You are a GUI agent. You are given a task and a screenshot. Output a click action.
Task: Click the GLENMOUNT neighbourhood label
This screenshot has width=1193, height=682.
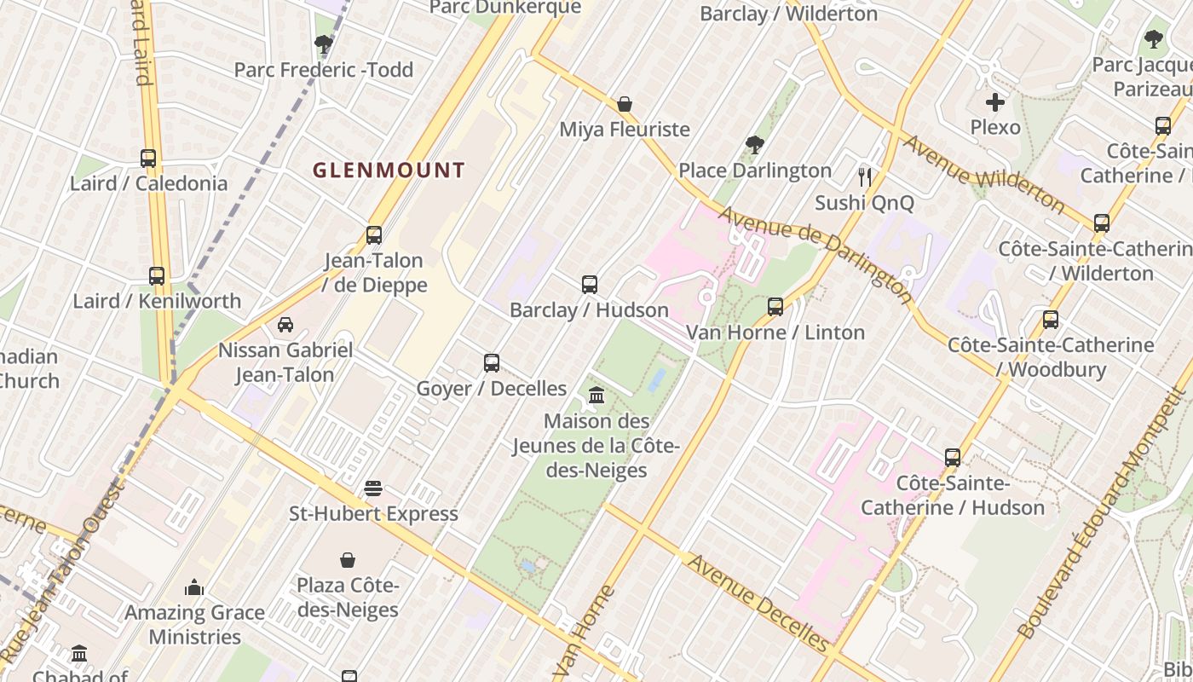click(x=389, y=170)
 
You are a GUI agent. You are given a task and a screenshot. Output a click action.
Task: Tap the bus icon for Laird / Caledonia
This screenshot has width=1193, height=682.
click(x=148, y=158)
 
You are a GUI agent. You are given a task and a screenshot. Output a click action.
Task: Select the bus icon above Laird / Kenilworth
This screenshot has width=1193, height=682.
click(x=157, y=275)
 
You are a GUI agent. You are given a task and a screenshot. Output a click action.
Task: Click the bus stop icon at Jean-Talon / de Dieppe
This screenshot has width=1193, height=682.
click(x=374, y=234)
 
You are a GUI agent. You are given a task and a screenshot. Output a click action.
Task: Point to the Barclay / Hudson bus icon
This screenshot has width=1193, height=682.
click(x=590, y=284)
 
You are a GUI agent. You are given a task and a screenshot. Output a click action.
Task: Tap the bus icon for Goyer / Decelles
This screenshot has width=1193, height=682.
click(x=492, y=362)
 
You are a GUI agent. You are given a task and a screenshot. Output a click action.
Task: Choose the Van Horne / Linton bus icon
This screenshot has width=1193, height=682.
click(x=775, y=306)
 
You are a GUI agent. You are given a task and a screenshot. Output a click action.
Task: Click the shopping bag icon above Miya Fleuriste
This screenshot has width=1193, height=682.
click(x=625, y=104)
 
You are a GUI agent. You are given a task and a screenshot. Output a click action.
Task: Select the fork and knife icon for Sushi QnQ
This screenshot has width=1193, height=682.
click(x=865, y=176)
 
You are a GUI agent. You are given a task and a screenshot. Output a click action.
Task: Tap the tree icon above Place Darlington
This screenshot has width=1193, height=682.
click(x=754, y=144)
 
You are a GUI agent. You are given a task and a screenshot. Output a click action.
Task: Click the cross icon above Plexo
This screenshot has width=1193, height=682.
click(x=995, y=102)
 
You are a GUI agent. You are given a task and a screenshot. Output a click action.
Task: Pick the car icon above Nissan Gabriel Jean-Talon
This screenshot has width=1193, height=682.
click(x=285, y=325)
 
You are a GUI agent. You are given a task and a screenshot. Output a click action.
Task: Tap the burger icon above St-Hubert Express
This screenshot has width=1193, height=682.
click(x=373, y=488)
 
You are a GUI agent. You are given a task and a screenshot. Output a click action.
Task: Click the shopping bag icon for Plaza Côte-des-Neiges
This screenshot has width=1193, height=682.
click(x=348, y=560)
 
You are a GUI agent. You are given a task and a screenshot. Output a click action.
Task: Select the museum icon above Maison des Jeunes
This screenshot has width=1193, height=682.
click(x=596, y=396)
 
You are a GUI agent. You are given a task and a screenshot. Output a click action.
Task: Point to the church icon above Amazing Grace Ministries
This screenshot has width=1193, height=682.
click(x=194, y=587)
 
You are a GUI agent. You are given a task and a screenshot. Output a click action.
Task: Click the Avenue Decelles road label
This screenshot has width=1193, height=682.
click(x=758, y=603)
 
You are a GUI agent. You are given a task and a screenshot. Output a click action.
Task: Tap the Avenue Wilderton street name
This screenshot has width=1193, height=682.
click(x=984, y=173)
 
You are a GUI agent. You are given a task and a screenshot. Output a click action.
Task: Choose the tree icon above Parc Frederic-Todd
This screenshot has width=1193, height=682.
click(x=324, y=44)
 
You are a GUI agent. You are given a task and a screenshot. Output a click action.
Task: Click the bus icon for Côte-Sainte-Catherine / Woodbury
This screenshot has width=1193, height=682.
click(x=1051, y=320)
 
